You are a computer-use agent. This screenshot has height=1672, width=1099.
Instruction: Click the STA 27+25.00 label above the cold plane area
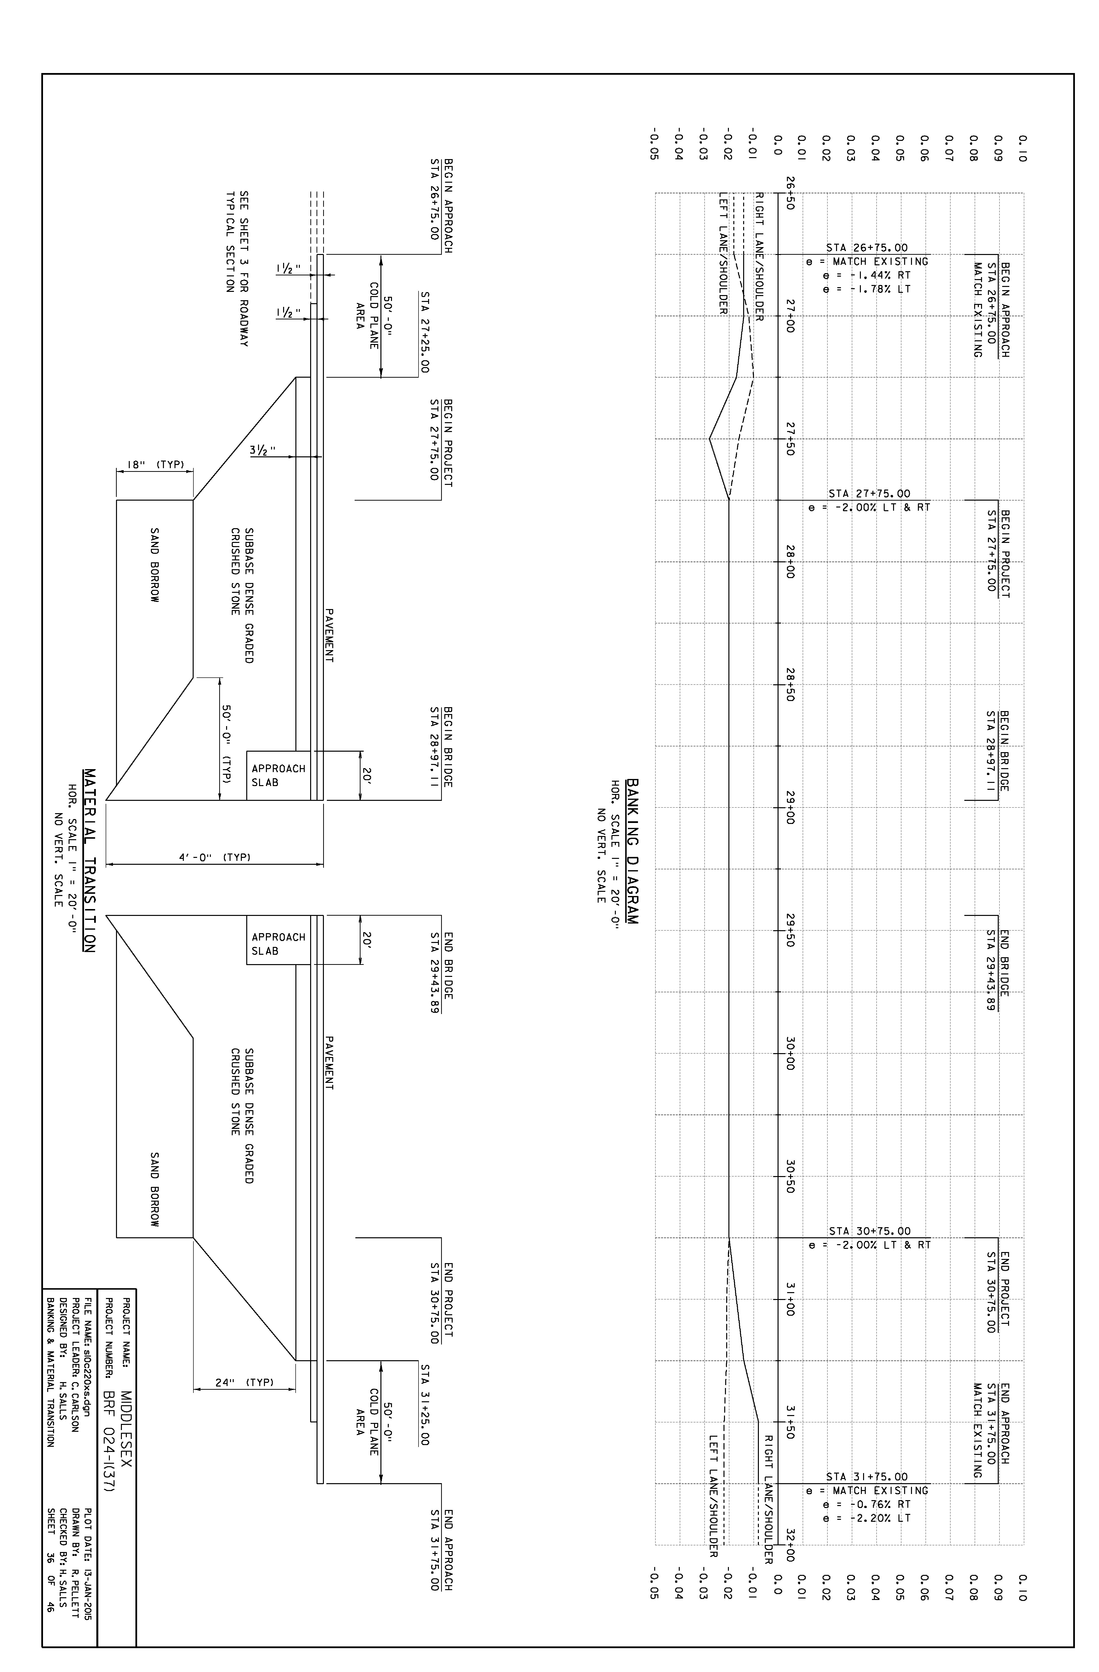click(x=424, y=332)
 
